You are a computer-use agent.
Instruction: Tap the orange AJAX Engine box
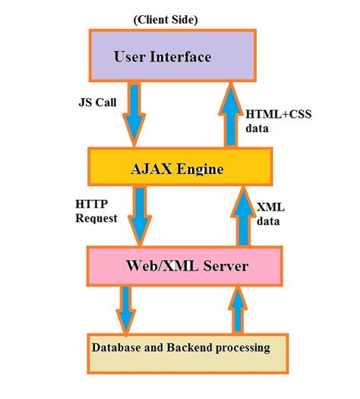[179, 169]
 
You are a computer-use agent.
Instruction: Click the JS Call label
[97, 103]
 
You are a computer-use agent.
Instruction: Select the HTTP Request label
[96, 211]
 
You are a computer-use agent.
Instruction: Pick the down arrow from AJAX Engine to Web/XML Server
[141, 215]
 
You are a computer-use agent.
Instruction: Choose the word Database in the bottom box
[117, 349]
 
